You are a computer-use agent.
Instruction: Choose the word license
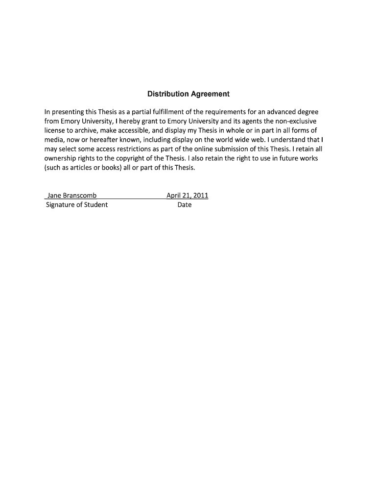coord(54,130)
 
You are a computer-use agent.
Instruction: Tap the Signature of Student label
coord(77,204)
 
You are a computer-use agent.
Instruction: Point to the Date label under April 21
coord(185,204)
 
